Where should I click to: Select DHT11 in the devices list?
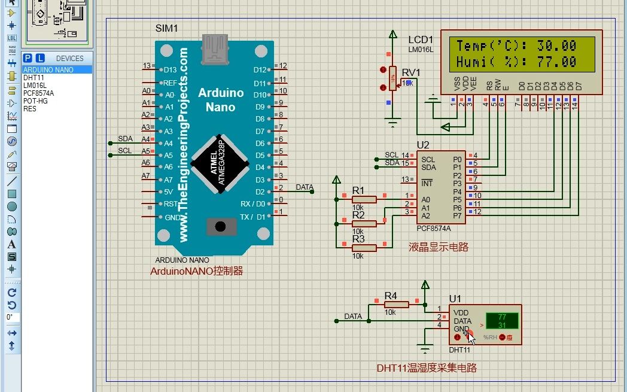33,78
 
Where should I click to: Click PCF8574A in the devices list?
38,93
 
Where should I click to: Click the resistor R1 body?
364,199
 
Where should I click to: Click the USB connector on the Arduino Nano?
215,48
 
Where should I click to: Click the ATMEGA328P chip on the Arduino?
221,163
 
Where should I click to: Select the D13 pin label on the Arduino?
170,70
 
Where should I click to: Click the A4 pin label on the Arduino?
168,143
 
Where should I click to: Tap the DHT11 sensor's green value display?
501,321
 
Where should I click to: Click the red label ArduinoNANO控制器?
196,271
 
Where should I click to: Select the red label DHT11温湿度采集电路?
427,368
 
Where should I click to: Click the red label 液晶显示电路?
439,247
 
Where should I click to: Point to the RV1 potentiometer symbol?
392,78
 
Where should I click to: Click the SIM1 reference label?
166,29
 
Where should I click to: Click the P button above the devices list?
28,58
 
